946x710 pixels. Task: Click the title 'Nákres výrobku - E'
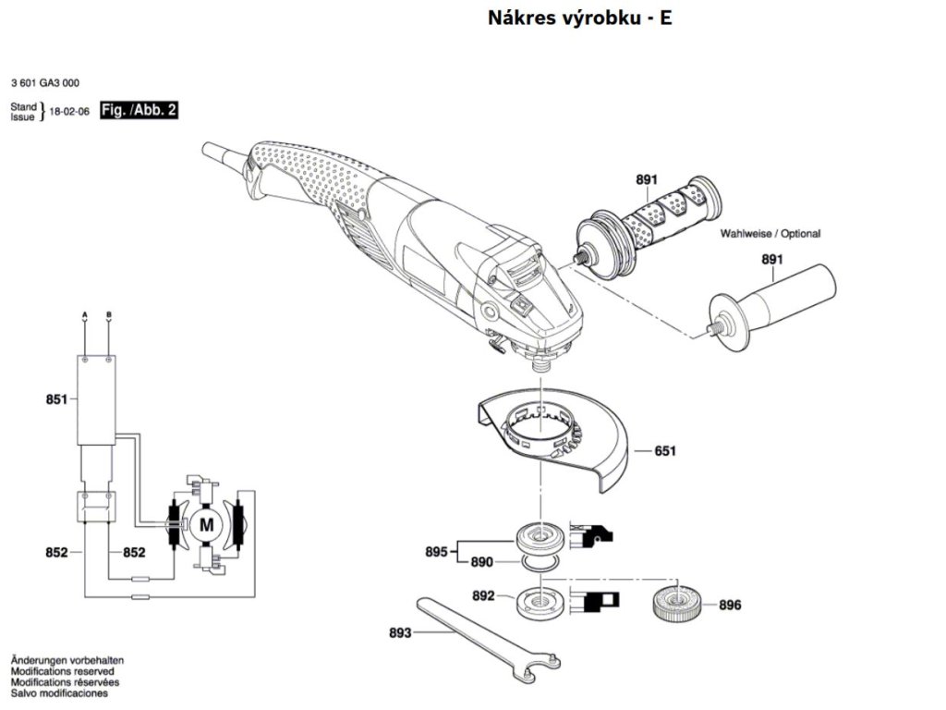579,18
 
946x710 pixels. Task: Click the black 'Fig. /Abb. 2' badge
139,111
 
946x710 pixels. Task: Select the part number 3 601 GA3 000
45,82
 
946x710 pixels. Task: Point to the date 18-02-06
69,112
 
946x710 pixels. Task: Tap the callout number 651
665,451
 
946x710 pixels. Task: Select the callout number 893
400,633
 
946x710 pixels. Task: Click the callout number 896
730,606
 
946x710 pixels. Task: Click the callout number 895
436,552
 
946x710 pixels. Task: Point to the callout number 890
481,561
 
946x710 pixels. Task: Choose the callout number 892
483,596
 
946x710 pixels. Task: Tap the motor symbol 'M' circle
206,526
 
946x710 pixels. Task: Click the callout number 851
56,399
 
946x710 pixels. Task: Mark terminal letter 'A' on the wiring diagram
85,316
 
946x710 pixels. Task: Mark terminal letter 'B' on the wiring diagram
109,316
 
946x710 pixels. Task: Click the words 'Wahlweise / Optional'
770,235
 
